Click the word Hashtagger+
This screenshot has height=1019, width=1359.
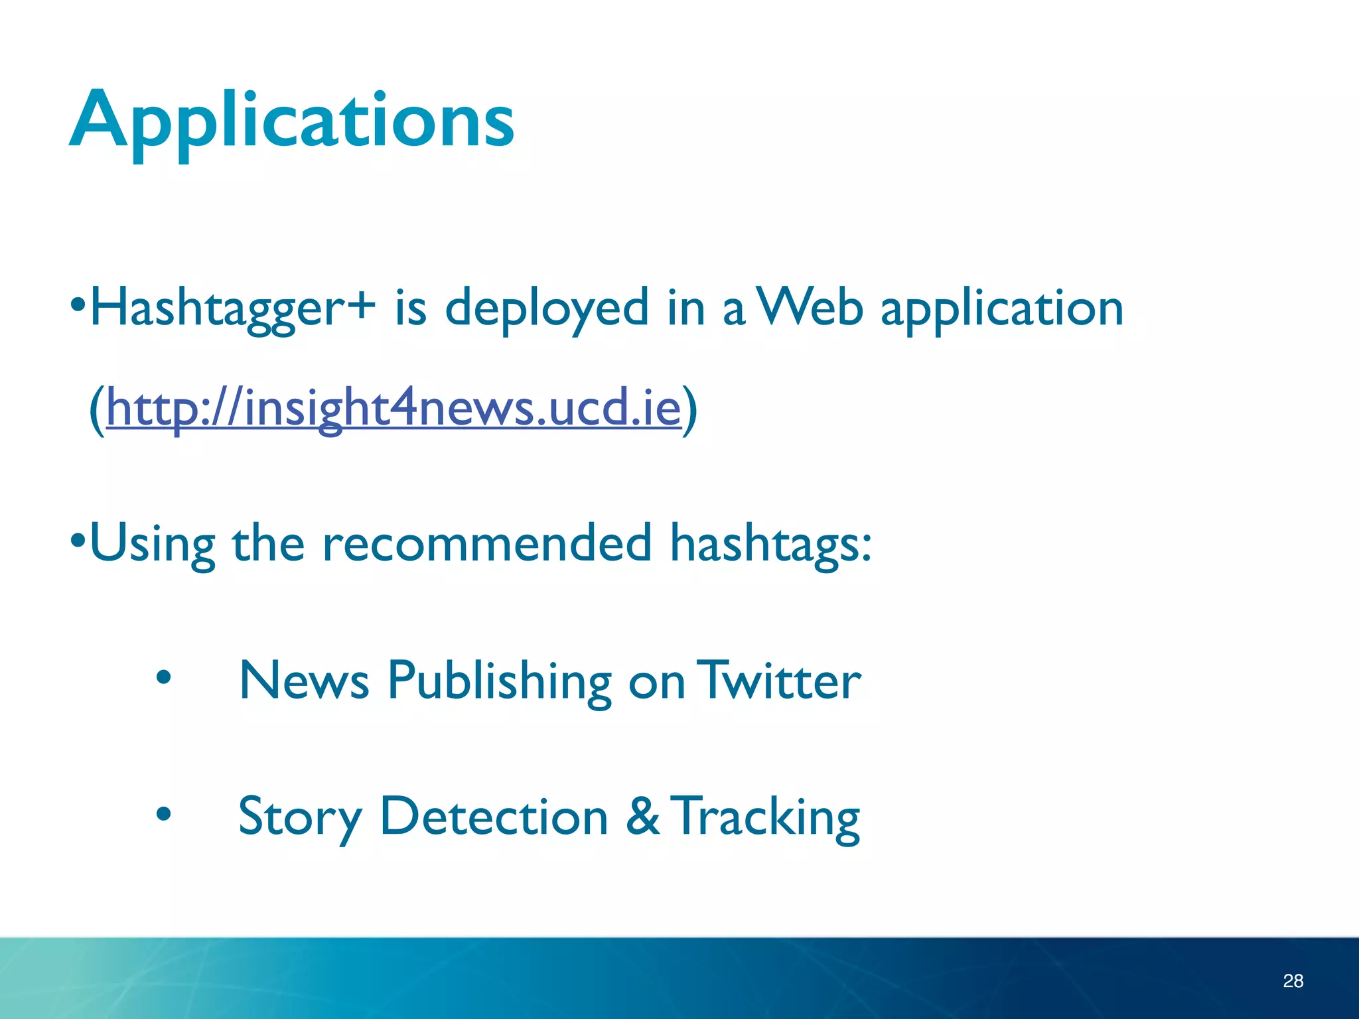coord(232,308)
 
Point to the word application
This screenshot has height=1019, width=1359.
coord(1002,310)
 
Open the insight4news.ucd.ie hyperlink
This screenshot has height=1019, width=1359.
coord(393,407)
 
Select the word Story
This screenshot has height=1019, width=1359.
coord(300,817)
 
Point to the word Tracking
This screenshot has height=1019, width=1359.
coord(766,817)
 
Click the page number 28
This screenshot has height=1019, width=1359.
coord(1293,981)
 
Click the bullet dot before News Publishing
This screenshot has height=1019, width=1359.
coord(163,678)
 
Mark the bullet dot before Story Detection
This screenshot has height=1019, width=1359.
coord(163,813)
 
